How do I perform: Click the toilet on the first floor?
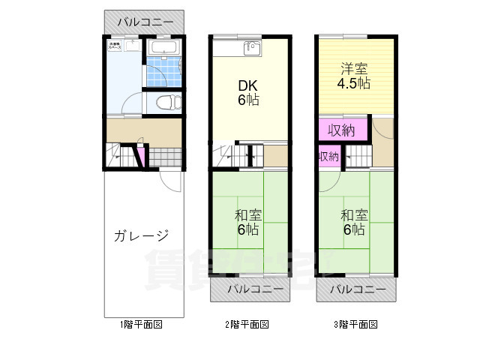coord(163,102)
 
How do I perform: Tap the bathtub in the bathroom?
coord(162,49)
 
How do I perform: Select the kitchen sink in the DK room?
coord(250,49)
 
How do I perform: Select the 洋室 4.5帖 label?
coord(352,76)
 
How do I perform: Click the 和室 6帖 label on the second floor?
coord(249,222)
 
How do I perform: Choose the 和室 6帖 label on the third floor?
coord(355,222)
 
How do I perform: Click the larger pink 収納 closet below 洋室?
coord(341,130)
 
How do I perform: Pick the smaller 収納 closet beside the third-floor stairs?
coord(328,157)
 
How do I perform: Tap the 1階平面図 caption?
coord(141,325)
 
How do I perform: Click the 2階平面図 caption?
coord(247,325)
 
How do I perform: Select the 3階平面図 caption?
coord(355,325)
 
